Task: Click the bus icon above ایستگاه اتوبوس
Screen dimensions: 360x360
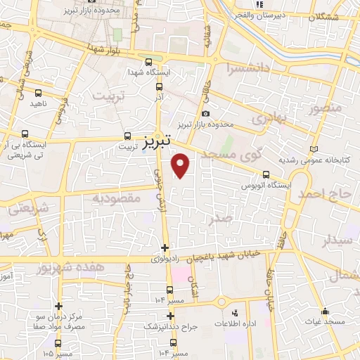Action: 266,175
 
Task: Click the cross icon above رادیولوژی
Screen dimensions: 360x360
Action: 165,247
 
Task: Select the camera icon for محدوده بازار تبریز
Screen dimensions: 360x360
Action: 205,114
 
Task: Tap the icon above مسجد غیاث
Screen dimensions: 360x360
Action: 324,311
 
